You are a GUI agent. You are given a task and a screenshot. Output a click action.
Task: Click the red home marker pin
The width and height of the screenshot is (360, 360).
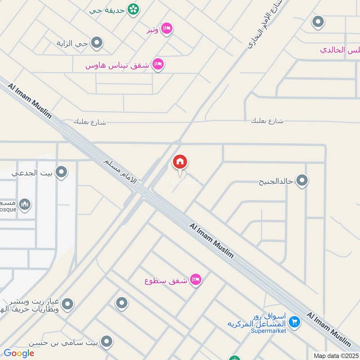[180, 162]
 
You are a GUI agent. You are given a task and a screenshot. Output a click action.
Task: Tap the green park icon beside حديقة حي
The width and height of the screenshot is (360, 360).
[133, 9]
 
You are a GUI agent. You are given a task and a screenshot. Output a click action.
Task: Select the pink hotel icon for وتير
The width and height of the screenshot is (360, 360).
[166, 29]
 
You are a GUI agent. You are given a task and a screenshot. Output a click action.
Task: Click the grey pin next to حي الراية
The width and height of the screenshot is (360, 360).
[97, 43]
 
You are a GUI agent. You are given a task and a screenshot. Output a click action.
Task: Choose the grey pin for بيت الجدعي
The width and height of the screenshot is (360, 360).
[61, 172]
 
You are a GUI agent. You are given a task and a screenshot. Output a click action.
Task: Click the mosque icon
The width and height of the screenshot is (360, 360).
[26, 205]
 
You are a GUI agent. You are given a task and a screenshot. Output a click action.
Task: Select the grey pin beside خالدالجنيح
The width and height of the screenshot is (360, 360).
[302, 181]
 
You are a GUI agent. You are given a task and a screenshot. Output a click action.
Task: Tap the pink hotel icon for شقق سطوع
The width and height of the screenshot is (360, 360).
[195, 280]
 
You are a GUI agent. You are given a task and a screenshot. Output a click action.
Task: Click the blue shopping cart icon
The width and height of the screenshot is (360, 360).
[294, 322]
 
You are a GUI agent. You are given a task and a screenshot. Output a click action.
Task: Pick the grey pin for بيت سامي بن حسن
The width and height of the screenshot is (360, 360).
[107, 342]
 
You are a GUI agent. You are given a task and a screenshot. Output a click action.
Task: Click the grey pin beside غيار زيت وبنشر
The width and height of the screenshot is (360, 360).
[68, 305]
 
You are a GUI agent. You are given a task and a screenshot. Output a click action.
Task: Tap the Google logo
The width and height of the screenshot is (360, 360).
[19, 353]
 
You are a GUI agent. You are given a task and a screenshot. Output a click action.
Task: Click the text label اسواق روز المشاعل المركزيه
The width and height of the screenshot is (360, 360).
[257, 320]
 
